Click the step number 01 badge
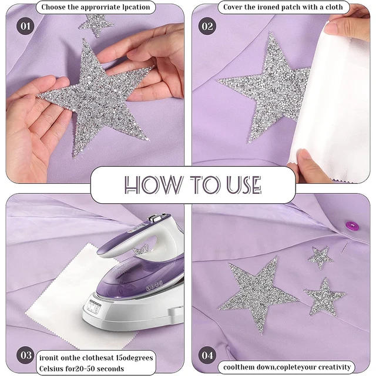25,26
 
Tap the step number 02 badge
207,26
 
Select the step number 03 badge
25,355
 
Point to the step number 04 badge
207,355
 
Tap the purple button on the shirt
352,225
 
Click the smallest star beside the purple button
320,256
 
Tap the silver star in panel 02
267,88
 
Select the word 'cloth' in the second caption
337,8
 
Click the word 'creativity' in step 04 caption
333,367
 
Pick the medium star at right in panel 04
325,297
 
